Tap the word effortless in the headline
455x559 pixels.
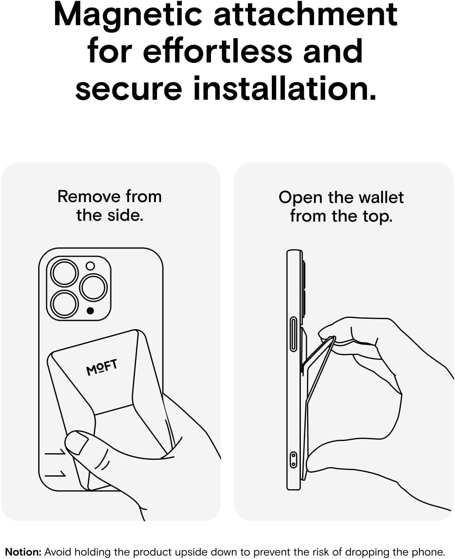pyautogui.click(x=218, y=51)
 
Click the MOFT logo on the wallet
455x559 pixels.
pyautogui.click(x=102, y=367)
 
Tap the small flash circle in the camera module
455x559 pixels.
pyautogui.click(x=90, y=266)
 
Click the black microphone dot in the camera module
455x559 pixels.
pyautogui.click(x=90, y=311)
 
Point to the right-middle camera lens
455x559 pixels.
pyautogui.click(x=93, y=288)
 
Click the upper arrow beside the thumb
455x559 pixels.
pyautogui.click(x=55, y=452)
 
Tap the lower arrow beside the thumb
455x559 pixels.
pyautogui.click(x=55, y=474)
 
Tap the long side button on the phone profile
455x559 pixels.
pyautogui.click(x=293, y=334)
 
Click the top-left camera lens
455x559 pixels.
pyautogui.click(x=64, y=273)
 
